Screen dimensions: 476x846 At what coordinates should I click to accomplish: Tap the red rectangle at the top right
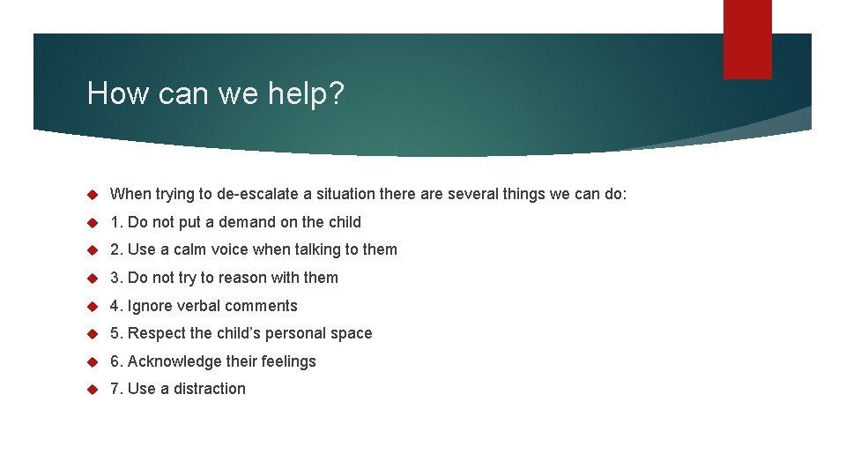point(747,39)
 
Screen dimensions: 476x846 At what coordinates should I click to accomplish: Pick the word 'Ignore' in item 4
point(151,306)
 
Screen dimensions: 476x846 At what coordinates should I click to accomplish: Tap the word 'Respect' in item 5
point(156,333)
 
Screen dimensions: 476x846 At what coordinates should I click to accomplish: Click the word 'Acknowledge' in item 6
point(174,361)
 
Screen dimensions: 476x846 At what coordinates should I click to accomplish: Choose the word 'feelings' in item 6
point(286,361)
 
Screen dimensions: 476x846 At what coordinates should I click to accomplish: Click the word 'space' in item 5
point(352,333)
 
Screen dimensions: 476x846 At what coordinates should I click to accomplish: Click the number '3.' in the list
point(116,278)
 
